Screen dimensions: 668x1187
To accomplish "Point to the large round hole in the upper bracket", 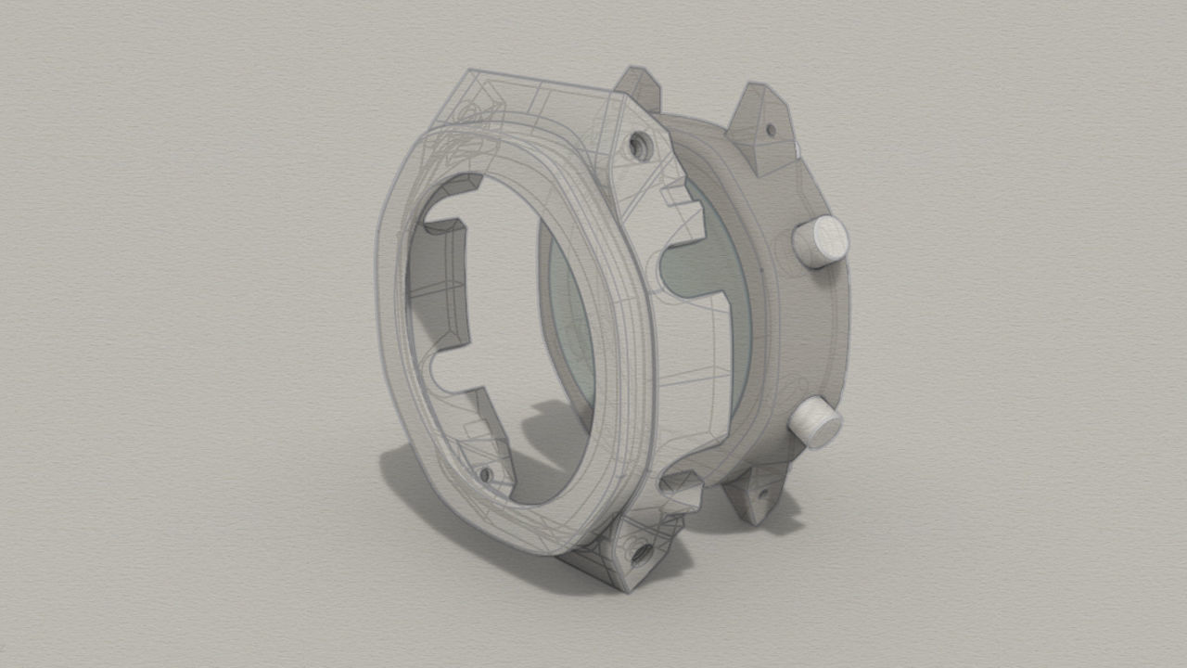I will click(638, 144).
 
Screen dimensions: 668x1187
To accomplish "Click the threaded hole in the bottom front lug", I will click(639, 553).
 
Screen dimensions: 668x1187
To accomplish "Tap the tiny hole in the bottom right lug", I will click(761, 493).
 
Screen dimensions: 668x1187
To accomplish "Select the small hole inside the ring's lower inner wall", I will click(484, 474).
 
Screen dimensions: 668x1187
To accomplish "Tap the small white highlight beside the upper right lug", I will click(797, 148).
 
